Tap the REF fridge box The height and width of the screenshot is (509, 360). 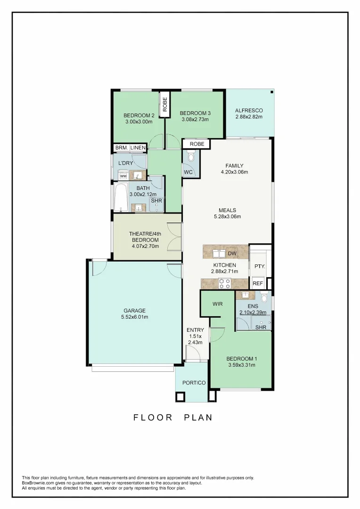pyautogui.click(x=257, y=283)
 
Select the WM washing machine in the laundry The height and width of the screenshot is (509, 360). pyautogui.click(x=123, y=176)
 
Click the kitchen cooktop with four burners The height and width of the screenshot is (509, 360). pyautogui.click(x=224, y=283)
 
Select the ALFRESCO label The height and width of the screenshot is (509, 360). pyautogui.click(x=249, y=110)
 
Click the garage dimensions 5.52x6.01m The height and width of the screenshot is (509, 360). pyautogui.click(x=135, y=317)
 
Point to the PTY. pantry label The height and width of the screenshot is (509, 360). pyautogui.click(x=260, y=266)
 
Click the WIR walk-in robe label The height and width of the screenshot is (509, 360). pyautogui.click(x=217, y=304)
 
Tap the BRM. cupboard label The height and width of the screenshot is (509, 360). pyautogui.click(x=121, y=148)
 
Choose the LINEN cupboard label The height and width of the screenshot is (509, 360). pyautogui.click(x=138, y=148)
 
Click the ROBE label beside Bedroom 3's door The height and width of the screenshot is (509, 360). pyautogui.click(x=197, y=144)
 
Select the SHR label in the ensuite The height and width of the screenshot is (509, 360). pyautogui.click(x=261, y=327)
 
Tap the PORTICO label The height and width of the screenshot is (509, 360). pyautogui.click(x=194, y=383)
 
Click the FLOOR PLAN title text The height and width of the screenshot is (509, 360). pyautogui.click(x=173, y=418)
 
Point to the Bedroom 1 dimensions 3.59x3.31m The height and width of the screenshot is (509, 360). pyautogui.click(x=242, y=365)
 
